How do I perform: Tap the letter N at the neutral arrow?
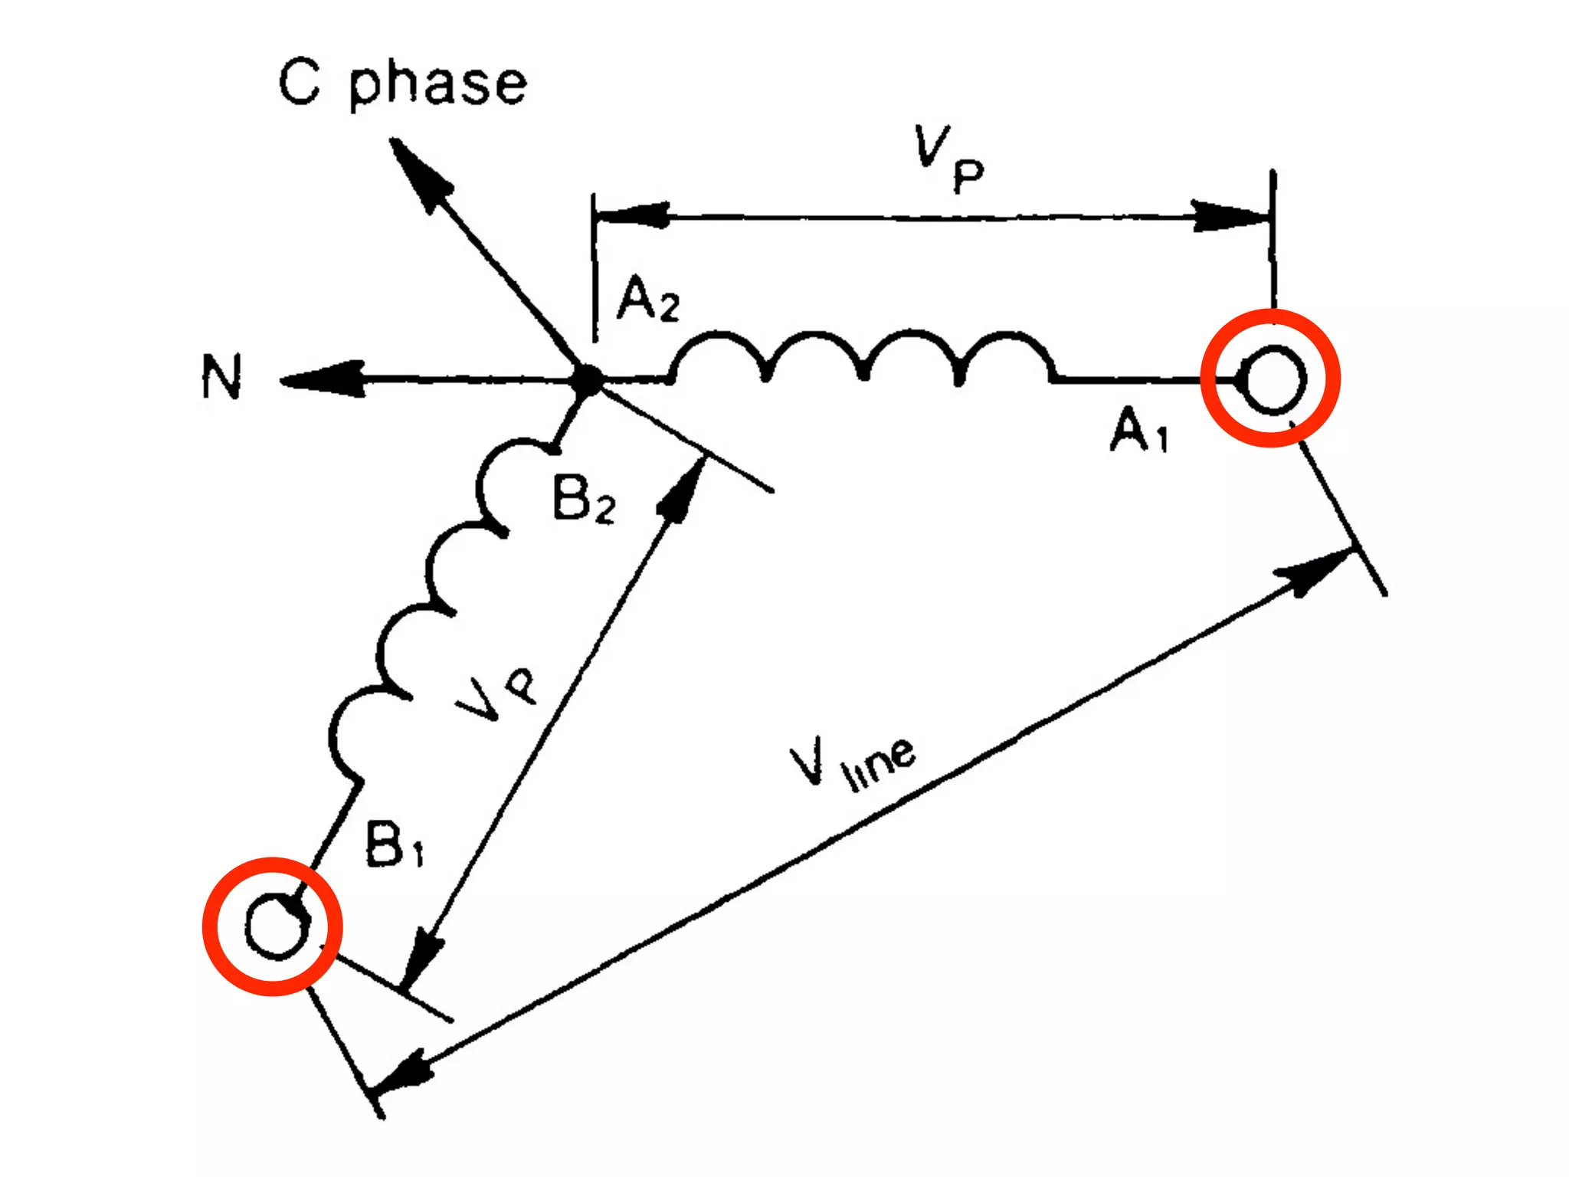[221, 376]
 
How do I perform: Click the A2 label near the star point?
[648, 300]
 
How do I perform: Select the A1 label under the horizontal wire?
[1139, 431]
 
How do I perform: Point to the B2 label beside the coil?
[583, 500]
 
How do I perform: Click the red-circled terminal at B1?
[273, 926]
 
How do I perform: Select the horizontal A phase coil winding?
[862, 356]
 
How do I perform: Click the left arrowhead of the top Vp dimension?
[632, 215]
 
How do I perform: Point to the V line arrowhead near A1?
[1314, 571]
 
